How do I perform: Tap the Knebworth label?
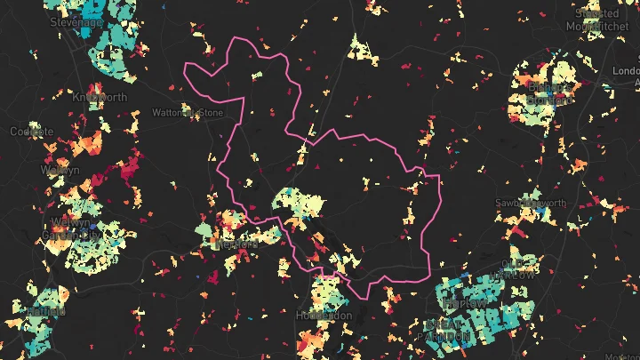pos(100,97)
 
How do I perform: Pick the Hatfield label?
pos(44,312)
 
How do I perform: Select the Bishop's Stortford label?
pos(543,94)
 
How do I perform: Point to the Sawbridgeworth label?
pos(530,204)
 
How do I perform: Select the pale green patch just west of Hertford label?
pos(204,232)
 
